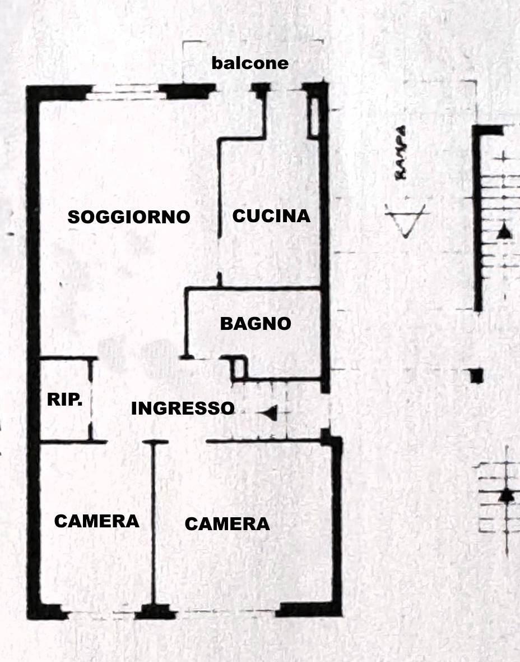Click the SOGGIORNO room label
click(129, 217)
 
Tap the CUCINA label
click(271, 216)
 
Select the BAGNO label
click(256, 324)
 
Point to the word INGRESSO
click(183, 408)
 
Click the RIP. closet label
click(64, 399)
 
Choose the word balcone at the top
click(250, 63)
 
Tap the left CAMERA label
click(96, 521)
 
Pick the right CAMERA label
click(227, 524)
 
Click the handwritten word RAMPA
click(401, 153)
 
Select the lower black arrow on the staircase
click(507, 495)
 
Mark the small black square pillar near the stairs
click(476, 375)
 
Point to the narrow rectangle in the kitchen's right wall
click(314, 117)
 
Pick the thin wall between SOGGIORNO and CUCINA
click(219, 211)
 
